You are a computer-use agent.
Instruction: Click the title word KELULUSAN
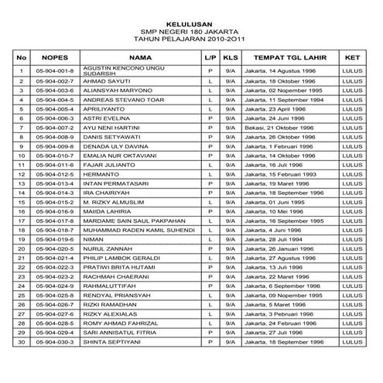pos(191,15)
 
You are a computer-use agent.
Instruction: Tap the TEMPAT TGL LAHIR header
pos(289,57)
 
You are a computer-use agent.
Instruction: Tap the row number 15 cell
pos(22,201)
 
